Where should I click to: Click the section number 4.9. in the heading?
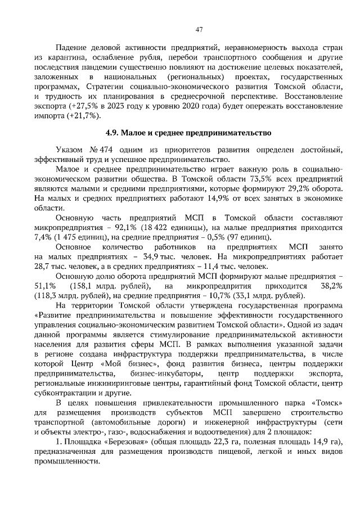[x=116, y=133]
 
